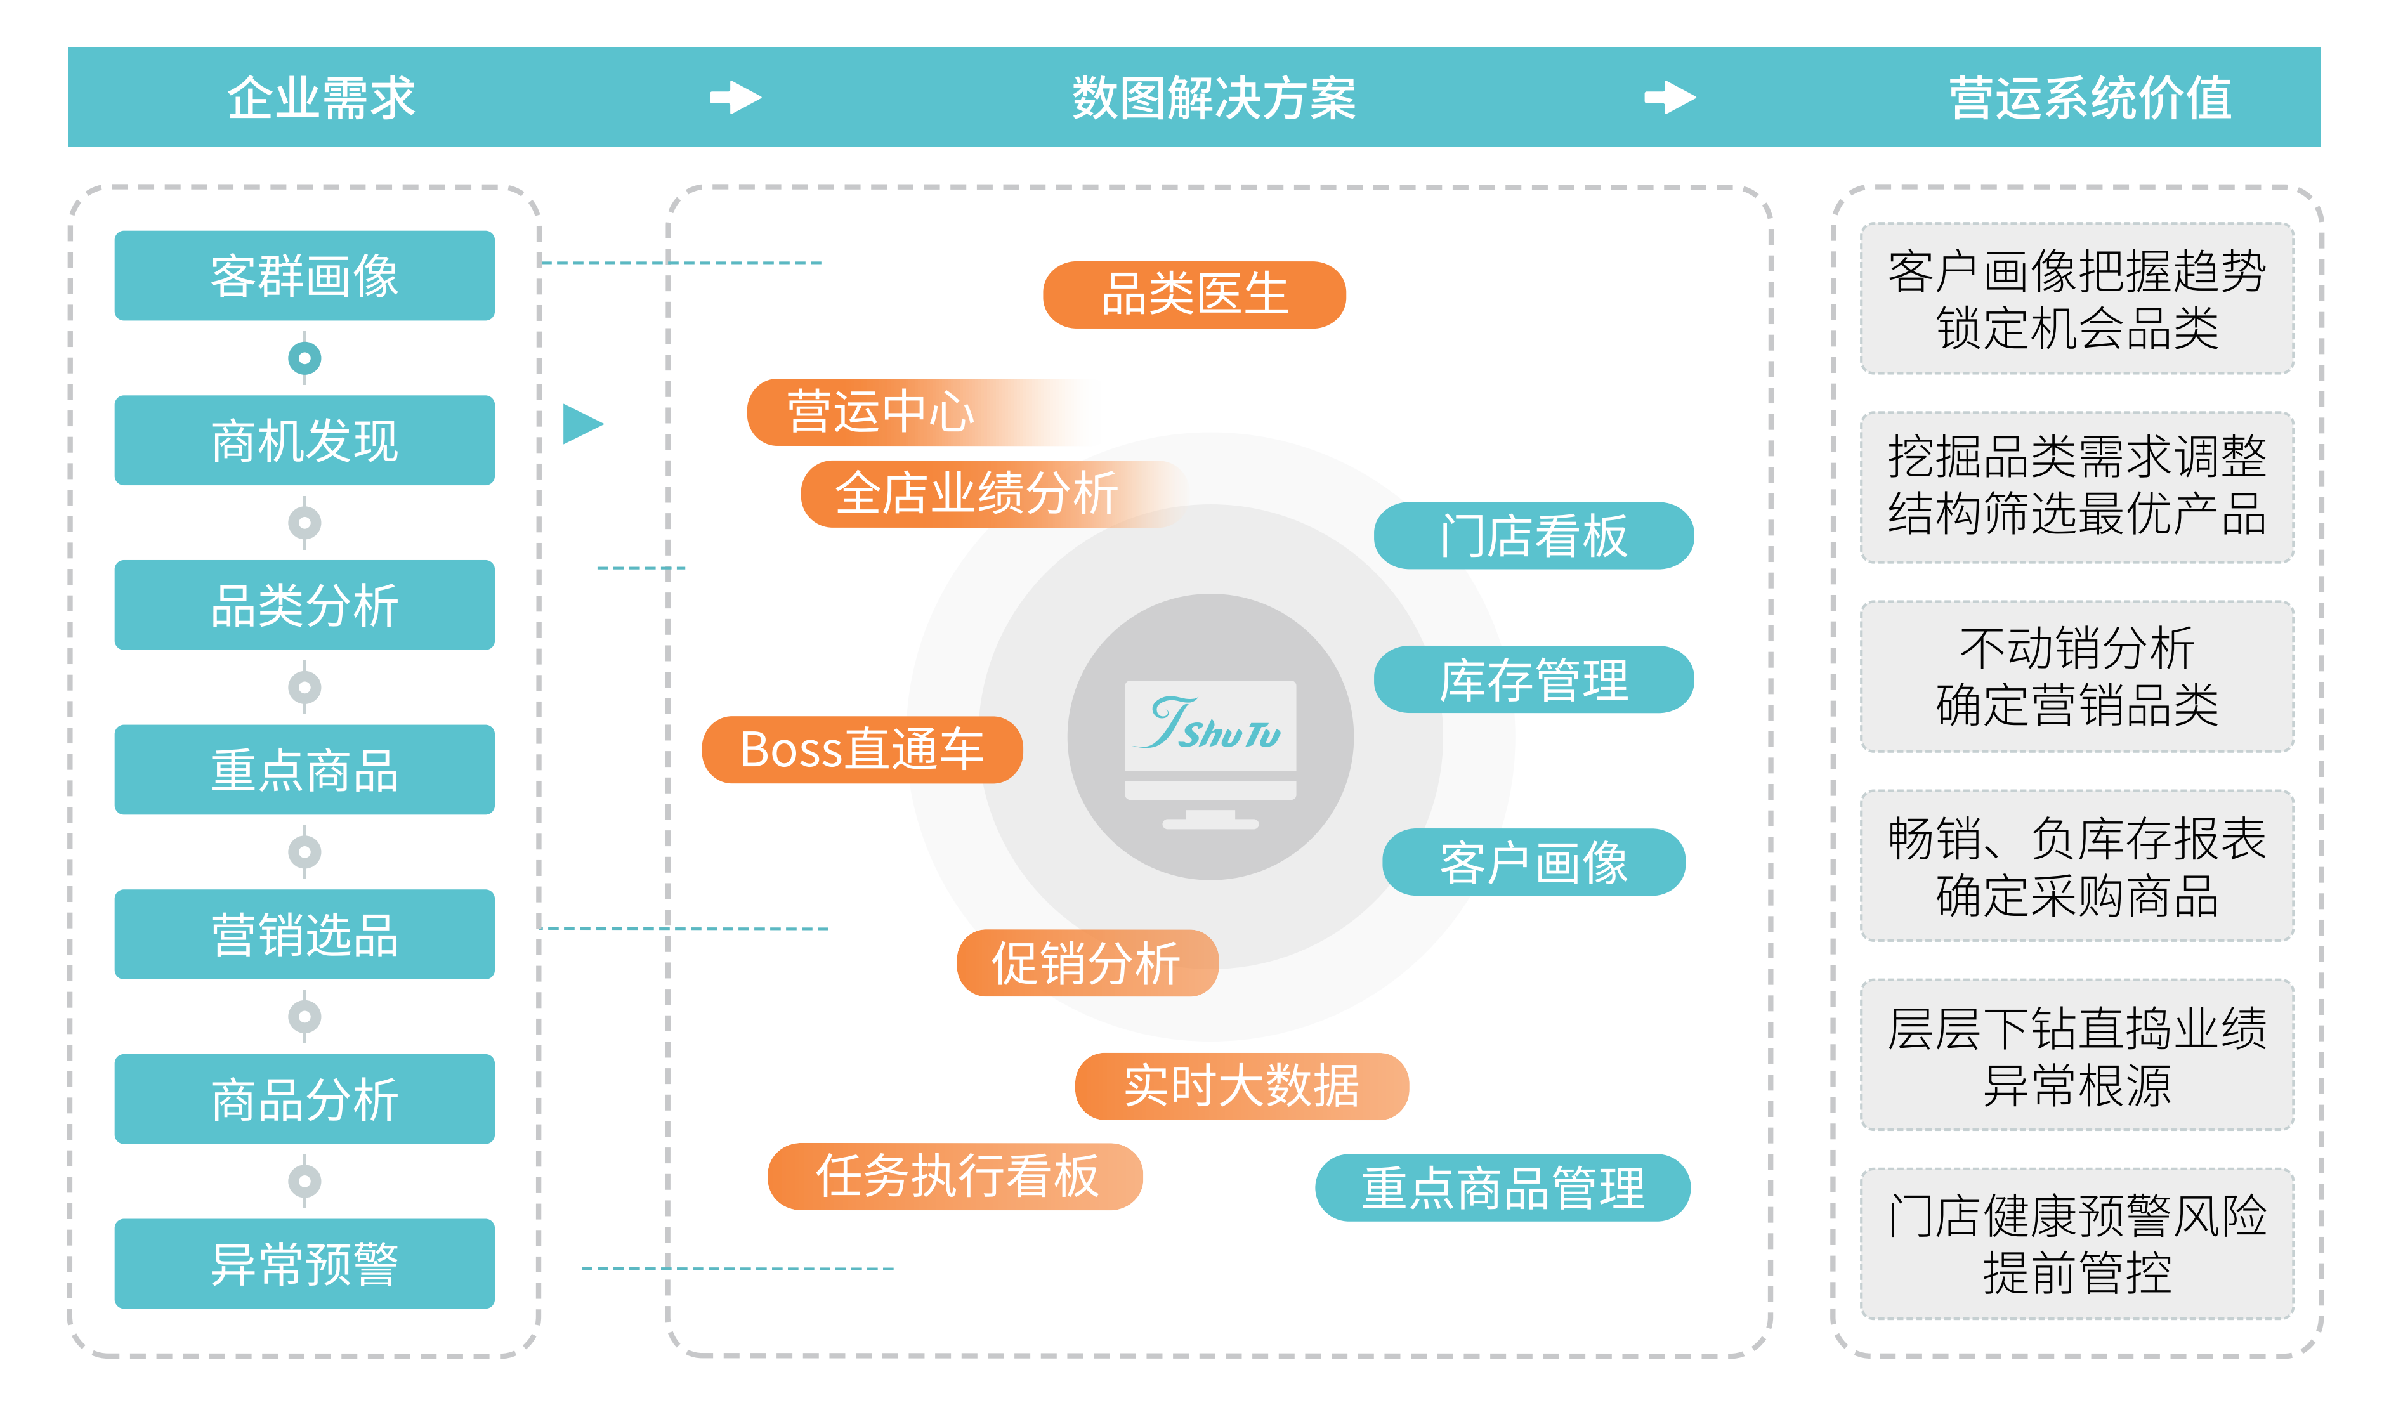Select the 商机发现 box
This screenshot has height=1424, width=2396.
304,440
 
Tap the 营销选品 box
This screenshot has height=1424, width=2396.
304,934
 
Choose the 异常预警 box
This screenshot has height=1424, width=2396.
304,1264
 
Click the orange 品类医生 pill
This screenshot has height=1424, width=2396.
1194,294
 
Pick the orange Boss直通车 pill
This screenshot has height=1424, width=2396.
861,749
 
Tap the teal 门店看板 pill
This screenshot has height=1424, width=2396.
1533,535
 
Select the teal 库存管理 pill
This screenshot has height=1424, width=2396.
1533,679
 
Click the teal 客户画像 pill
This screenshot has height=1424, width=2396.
1533,861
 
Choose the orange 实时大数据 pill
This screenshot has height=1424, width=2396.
1241,1086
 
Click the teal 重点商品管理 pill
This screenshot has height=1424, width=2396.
1502,1188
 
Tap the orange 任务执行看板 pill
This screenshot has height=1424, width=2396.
955,1177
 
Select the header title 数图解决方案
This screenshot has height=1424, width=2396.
1213,98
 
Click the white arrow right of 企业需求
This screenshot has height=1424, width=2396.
735,97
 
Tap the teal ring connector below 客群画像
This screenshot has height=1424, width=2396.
304,358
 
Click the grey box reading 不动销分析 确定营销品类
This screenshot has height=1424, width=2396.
2076,677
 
